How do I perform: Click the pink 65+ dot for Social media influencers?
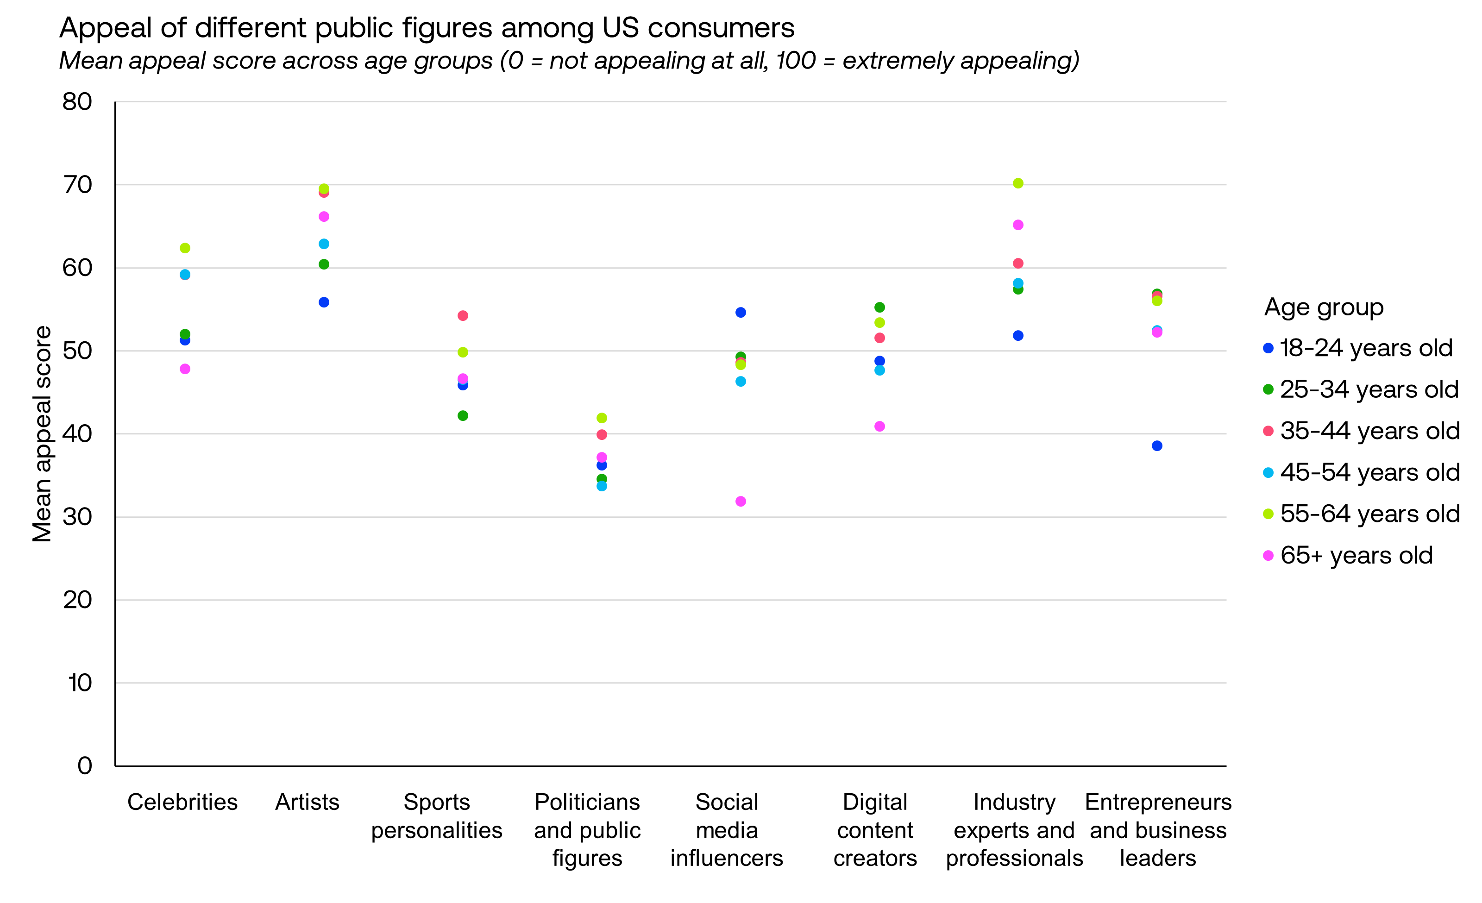tap(741, 502)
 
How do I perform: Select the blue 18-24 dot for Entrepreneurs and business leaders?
tap(1156, 445)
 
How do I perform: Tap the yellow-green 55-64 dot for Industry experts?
tap(1017, 183)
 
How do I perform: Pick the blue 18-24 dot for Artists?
tap(324, 302)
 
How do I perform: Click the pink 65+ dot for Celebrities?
tap(185, 369)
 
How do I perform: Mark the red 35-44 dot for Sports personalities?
tap(463, 316)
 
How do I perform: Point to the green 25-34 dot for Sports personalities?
tap(463, 415)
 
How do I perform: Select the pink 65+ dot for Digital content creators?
tap(879, 426)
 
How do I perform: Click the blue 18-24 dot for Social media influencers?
tap(741, 313)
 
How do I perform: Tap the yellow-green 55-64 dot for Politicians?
tap(602, 418)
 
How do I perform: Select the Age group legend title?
tap(1323, 307)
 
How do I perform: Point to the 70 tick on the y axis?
tap(78, 185)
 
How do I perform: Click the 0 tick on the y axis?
tap(85, 765)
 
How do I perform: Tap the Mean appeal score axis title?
tap(42, 433)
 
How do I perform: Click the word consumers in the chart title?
tap(721, 28)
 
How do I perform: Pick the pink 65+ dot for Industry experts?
tap(1017, 225)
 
